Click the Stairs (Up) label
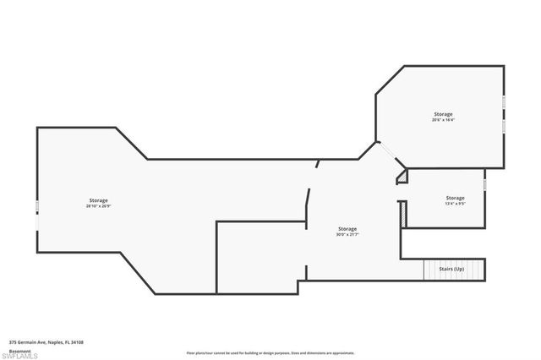(451, 269)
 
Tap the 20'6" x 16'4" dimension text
(443, 120)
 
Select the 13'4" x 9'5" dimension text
(455, 204)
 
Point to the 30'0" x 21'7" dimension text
(347, 235)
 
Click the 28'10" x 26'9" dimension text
(99, 205)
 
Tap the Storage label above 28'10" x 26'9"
(99, 199)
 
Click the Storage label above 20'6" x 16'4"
(443, 114)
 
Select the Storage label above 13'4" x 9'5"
(455, 198)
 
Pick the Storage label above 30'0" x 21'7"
(347, 229)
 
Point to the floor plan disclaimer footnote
(270, 353)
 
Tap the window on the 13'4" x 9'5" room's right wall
(485, 183)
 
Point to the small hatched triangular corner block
(403, 176)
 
